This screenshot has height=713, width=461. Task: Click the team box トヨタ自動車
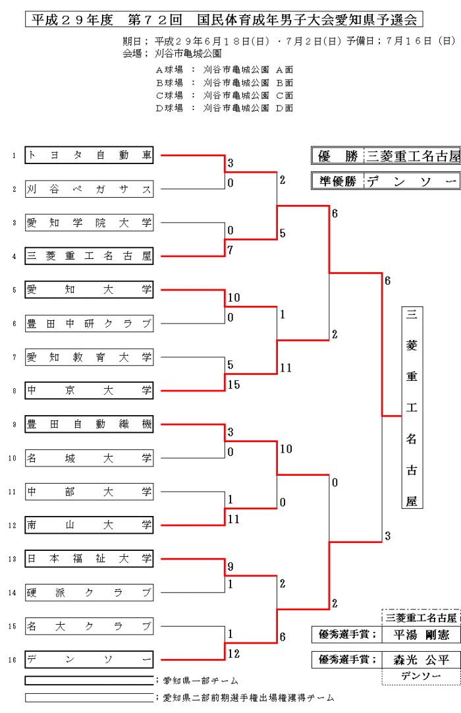(x=89, y=156)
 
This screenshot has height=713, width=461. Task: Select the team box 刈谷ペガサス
(x=89, y=190)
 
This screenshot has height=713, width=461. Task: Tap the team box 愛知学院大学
(x=89, y=223)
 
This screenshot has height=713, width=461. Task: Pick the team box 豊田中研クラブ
(x=89, y=324)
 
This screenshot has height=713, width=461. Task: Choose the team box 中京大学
(x=89, y=391)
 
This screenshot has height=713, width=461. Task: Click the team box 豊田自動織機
(x=89, y=424)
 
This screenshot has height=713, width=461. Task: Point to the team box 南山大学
(x=89, y=525)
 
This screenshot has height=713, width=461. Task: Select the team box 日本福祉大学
(x=89, y=559)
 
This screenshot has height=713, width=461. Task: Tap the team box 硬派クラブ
(x=89, y=592)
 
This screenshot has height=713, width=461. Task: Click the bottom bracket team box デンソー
(x=89, y=659)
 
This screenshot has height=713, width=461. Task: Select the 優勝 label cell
(x=337, y=156)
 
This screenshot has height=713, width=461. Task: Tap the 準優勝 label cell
(x=337, y=181)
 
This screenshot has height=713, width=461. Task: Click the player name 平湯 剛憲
(x=421, y=635)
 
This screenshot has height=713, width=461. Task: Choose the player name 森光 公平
(x=421, y=660)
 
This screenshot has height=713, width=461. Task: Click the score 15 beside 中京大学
(x=234, y=385)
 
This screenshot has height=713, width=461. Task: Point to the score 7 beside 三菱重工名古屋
(x=230, y=250)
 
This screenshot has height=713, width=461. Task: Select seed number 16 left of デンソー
(x=13, y=660)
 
